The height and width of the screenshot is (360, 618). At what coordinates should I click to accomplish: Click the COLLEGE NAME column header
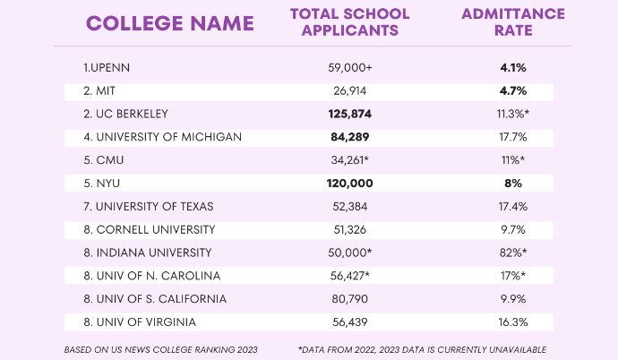click(x=170, y=23)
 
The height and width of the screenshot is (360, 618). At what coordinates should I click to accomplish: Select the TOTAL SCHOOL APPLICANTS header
click(x=350, y=22)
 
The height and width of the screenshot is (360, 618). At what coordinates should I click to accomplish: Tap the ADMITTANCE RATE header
click(x=513, y=22)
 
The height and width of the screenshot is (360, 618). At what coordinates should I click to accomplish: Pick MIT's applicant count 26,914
click(x=349, y=91)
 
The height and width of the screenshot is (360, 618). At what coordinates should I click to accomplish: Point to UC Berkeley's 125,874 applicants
click(x=349, y=115)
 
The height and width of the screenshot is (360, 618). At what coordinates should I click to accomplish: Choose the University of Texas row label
click(x=148, y=207)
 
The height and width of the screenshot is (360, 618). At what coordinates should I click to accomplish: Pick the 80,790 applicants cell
click(x=349, y=299)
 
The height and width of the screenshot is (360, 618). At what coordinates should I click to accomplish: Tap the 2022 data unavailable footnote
click(x=422, y=348)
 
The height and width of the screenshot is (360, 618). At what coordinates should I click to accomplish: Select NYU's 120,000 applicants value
click(x=349, y=184)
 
